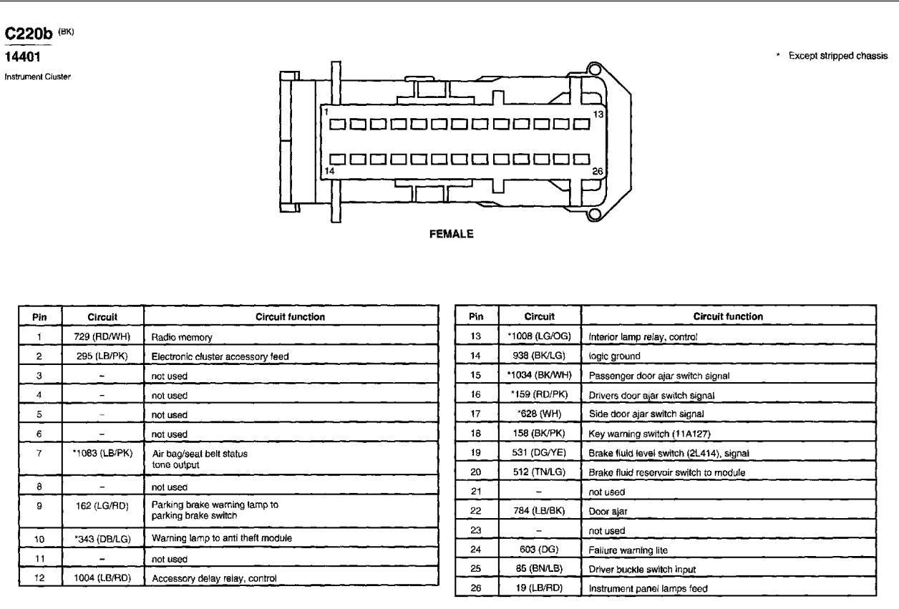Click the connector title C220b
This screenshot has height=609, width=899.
28,34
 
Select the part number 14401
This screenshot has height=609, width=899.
22,57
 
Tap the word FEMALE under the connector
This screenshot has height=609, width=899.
451,234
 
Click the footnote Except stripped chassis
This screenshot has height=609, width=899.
838,56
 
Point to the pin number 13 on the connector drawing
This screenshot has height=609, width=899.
598,115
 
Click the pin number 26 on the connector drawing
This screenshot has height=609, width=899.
598,171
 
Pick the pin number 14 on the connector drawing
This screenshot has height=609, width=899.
329,171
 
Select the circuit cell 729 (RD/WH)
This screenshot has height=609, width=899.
102,336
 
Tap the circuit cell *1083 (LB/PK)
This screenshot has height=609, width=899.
102,453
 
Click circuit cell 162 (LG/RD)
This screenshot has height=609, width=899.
102,505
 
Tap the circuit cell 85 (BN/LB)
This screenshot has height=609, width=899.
539,568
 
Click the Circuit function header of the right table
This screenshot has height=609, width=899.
728,316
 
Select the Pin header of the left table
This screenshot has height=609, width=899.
39,317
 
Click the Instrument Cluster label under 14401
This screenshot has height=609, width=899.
37,77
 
